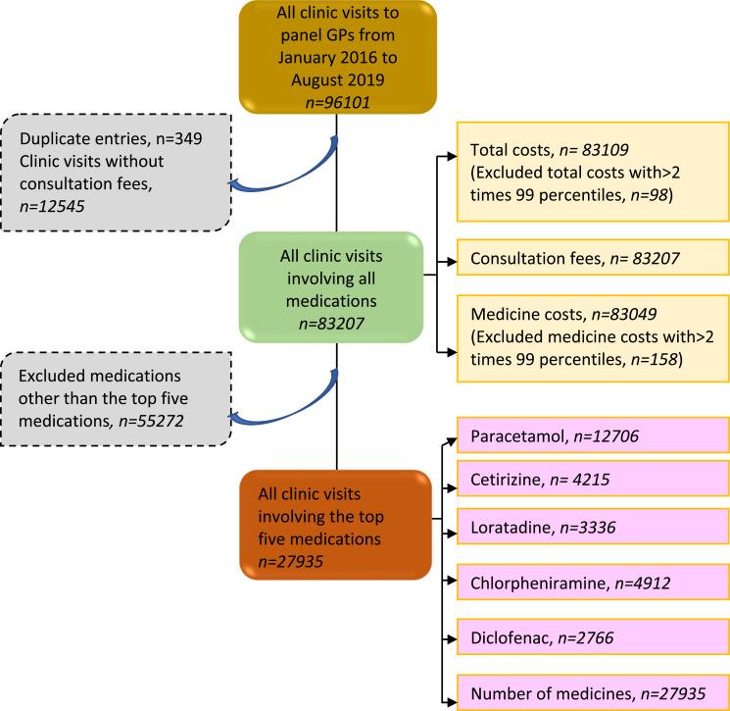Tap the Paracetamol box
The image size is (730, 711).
point(592,434)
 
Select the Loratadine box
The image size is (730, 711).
point(592,528)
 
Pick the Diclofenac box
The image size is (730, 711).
point(592,638)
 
